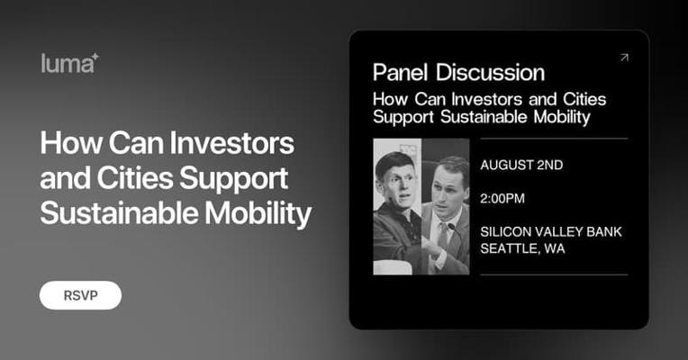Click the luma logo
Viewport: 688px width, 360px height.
(x=69, y=63)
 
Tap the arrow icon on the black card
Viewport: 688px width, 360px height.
(x=624, y=58)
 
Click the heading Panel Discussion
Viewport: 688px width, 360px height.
(x=458, y=72)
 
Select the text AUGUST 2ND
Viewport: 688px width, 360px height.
(x=521, y=165)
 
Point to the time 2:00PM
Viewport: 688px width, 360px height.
(x=502, y=199)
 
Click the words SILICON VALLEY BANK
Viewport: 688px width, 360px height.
(x=551, y=231)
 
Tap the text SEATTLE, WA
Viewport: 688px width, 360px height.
(x=522, y=248)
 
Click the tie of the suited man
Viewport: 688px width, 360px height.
(x=442, y=239)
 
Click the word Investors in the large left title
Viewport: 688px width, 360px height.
(x=231, y=143)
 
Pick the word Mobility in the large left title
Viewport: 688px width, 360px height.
(x=258, y=213)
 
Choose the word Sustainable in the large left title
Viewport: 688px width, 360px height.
(x=120, y=212)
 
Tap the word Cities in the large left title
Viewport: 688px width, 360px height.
(x=135, y=178)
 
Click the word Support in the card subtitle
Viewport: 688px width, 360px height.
(x=403, y=118)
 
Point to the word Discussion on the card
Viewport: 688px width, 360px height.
(x=490, y=72)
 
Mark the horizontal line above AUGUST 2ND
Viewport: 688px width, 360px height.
(x=554, y=139)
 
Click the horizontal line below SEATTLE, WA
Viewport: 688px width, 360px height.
(x=554, y=274)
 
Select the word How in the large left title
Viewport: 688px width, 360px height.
(x=71, y=143)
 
